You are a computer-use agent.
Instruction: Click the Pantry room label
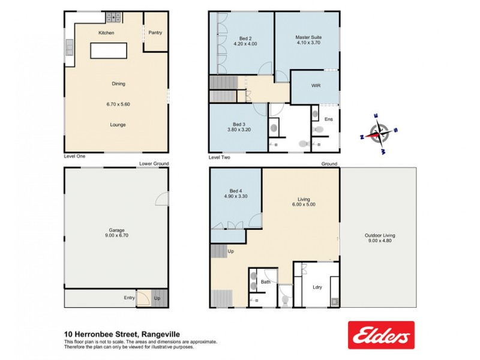(155, 33)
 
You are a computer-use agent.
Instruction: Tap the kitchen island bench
(109, 50)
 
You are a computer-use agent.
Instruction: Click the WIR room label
(316, 86)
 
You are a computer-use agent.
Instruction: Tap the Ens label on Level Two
(328, 119)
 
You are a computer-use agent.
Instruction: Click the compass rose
(377, 133)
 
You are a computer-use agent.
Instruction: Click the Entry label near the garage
(130, 298)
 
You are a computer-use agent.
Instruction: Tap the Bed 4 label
(234, 191)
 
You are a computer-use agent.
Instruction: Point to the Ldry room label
(317, 286)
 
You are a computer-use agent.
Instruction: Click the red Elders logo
(381, 335)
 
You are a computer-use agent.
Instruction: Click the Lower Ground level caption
(154, 164)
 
